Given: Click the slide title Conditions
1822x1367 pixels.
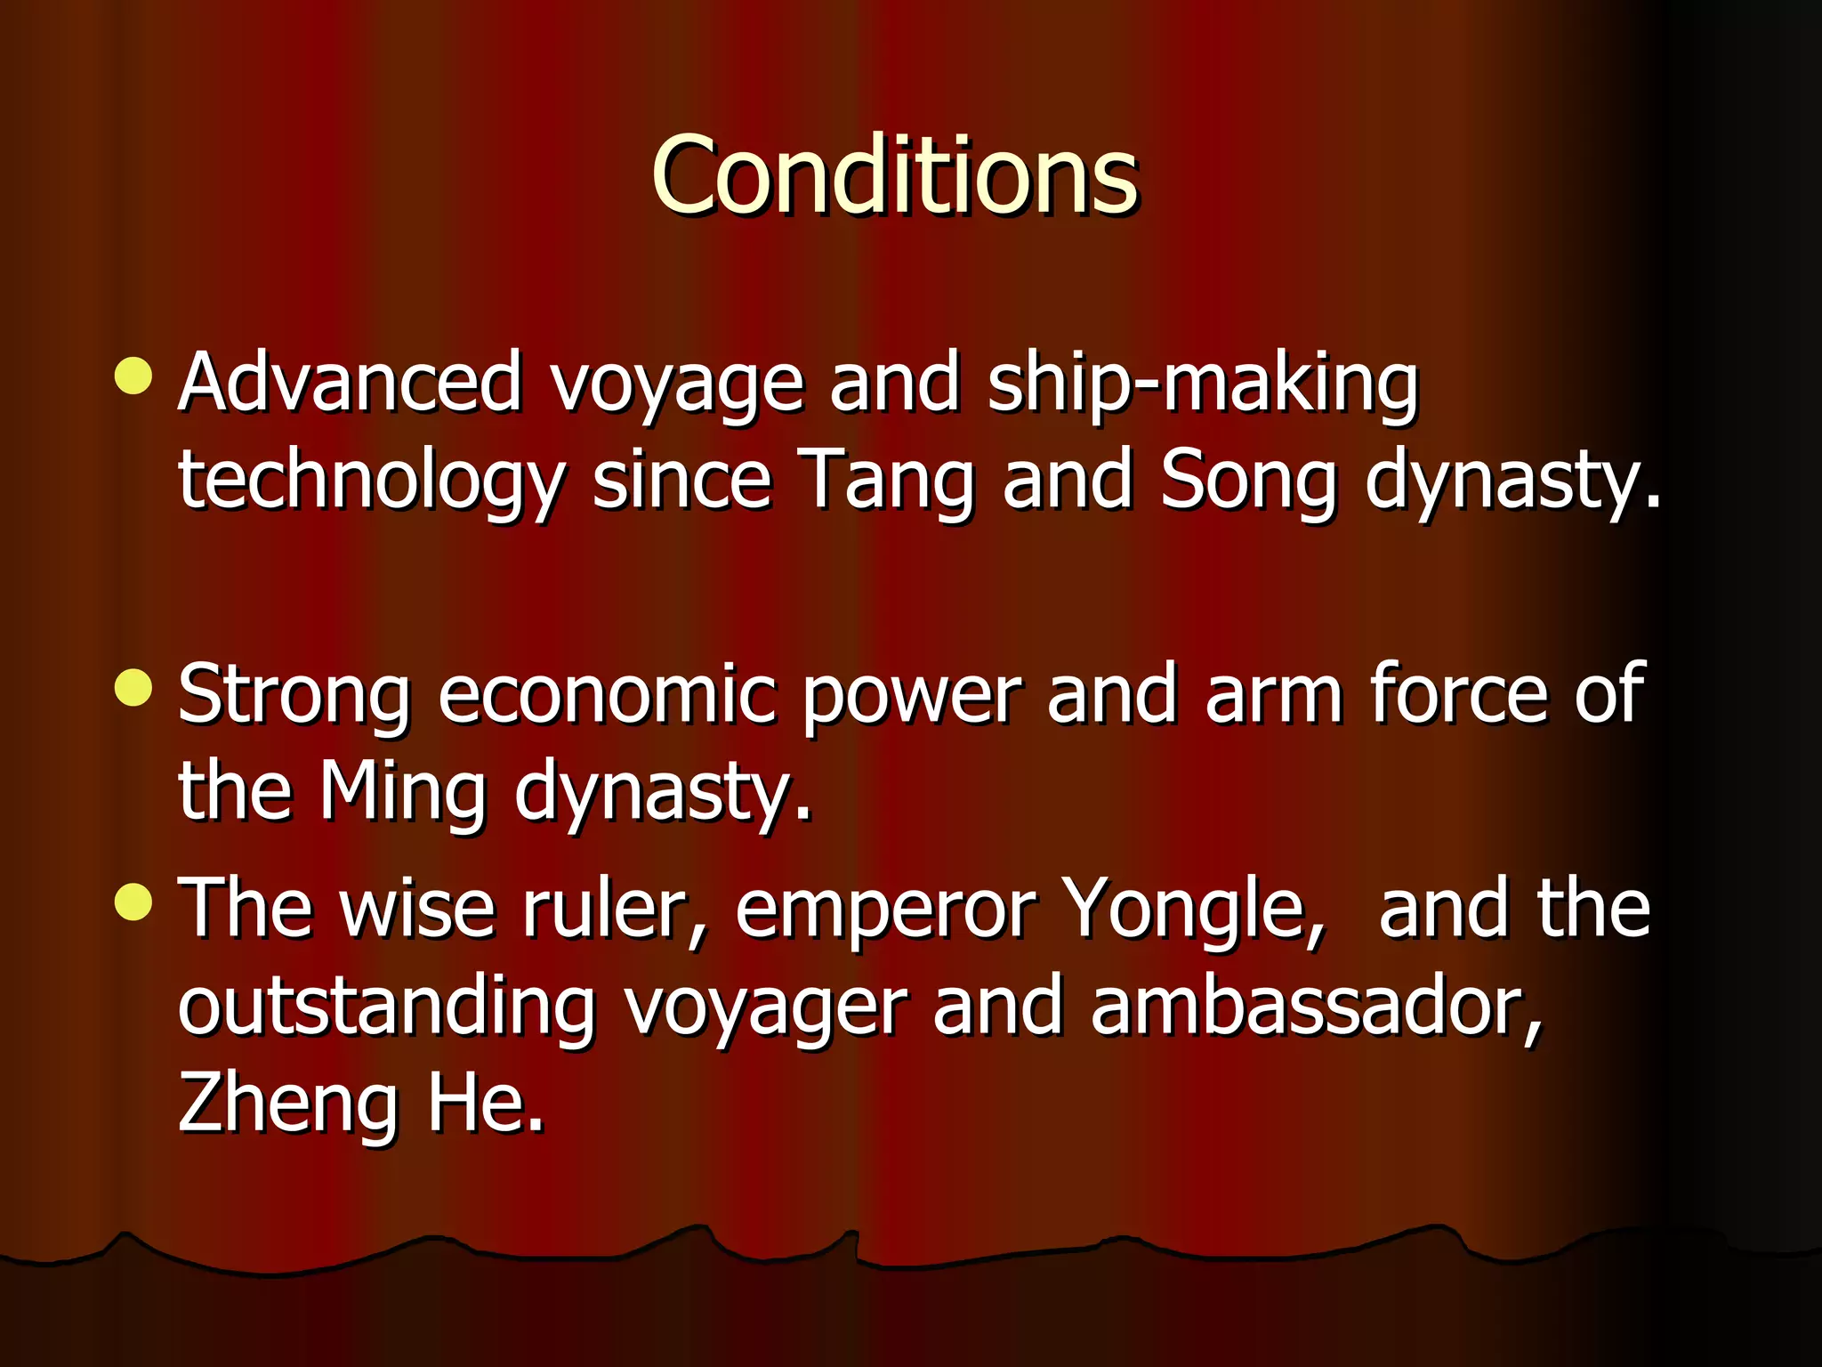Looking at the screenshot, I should pos(894,175).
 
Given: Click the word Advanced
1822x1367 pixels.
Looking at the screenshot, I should pos(350,383).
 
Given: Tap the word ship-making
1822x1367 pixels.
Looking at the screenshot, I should pos(1203,383).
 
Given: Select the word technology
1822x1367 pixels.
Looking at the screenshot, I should pos(371,481).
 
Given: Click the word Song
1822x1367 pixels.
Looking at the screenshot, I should pos(1247,481).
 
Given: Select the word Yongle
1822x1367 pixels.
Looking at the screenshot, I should pos(1196,910).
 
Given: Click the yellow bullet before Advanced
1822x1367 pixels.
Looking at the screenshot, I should pos(133,376).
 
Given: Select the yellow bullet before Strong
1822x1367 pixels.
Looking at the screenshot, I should pos(133,688).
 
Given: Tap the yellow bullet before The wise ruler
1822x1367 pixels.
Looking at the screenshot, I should pos(133,902).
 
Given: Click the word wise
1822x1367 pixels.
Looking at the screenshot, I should pos(416,910).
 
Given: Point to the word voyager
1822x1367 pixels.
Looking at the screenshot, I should pos(765,1010).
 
